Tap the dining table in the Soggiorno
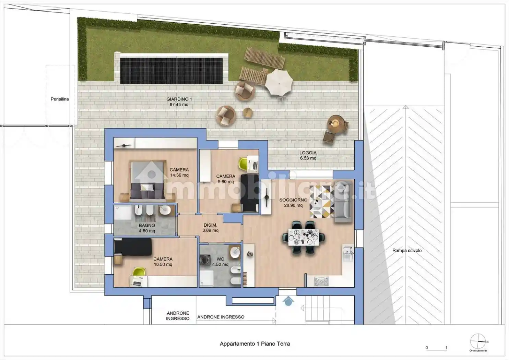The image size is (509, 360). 303,237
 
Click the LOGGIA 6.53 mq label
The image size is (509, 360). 308,155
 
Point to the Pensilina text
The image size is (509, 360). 60,99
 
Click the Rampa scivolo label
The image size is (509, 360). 407,250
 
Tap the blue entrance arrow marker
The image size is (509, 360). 288,301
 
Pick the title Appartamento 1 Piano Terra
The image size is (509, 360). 255,344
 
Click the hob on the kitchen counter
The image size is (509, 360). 321,281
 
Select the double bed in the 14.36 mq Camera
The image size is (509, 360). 147,181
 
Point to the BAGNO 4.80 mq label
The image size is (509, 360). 147,228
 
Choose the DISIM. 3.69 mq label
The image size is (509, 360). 210,228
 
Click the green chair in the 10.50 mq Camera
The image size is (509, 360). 139,272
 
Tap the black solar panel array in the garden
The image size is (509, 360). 171,71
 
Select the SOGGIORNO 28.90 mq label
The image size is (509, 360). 293,203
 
